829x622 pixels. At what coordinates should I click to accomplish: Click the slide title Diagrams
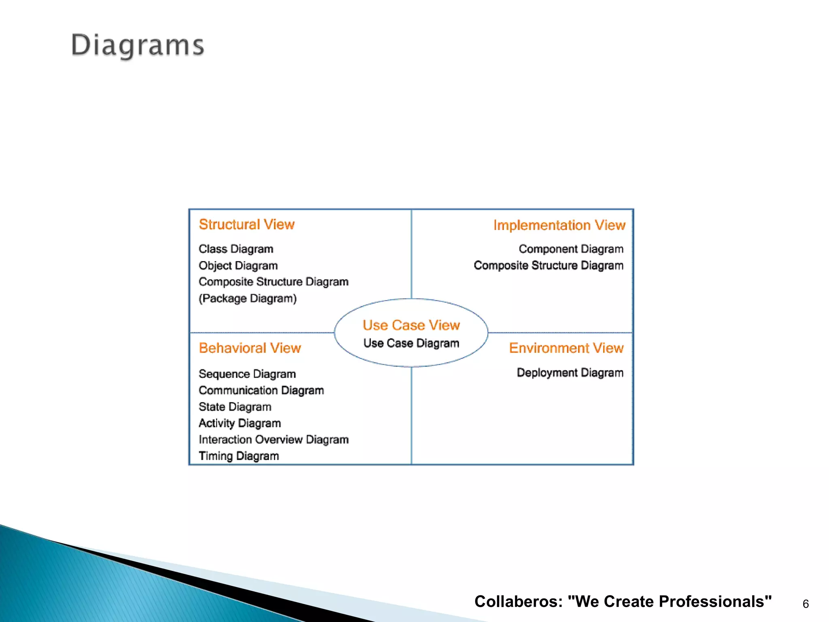138,45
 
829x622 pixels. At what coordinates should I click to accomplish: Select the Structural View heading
247,224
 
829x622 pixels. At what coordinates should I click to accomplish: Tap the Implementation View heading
559,225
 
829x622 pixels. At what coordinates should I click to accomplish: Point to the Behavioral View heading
250,348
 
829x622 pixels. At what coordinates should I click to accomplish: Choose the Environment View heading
566,348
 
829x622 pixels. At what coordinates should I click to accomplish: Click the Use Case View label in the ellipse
411,325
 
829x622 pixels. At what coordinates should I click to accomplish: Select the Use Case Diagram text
411,343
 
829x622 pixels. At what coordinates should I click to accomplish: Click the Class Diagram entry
236,249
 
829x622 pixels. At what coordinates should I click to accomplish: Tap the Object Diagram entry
238,266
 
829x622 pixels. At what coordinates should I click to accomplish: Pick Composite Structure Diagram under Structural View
273,281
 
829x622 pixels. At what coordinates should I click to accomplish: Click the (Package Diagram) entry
247,298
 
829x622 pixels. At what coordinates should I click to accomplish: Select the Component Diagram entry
571,249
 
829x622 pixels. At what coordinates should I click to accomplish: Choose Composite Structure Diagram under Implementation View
548,265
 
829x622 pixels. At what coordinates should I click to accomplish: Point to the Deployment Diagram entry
570,373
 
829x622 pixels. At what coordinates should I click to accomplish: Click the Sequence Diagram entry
247,374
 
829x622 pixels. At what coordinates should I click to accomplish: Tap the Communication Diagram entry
261,390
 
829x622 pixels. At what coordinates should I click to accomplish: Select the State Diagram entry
235,407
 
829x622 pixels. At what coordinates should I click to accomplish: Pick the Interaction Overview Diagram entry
273,439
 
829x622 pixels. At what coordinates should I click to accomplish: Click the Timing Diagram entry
238,456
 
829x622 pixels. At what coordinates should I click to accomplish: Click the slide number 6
806,604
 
